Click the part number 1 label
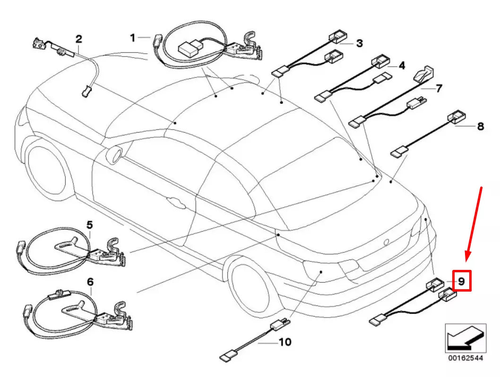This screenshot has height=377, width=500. click(x=133, y=37)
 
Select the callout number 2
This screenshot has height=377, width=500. click(x=78, y=38)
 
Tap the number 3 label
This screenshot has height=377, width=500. click(x=360, y=44)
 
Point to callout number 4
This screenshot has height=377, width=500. click(x=402, y=66)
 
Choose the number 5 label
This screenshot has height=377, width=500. click(x=90, y=226)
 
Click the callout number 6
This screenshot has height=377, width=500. click(x=90, y=282)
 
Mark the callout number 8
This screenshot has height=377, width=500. click(x=480, y=126)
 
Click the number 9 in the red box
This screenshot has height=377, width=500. click(x=462, y=281)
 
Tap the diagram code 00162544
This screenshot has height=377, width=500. click(x=466, y=358)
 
